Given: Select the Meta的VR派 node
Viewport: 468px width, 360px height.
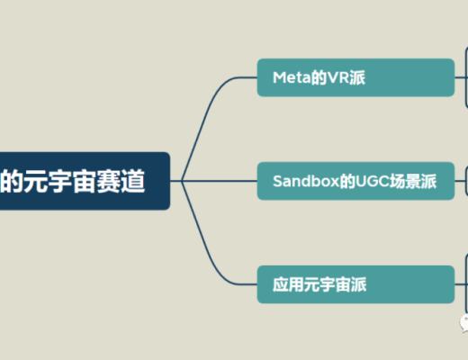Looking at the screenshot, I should pyautogui.click(x=355, y=77).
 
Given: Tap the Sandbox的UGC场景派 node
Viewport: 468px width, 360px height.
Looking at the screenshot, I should pyautogui.click(x=355, y=181).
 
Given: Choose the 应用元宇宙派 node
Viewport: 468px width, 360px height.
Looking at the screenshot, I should pyautogui.click(x=355, y=284).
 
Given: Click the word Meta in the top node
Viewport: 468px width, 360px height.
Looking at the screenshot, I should pyautogui.click(x=290, y=77).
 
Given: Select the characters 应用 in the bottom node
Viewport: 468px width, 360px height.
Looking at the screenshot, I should pyautogui.click(x=286, y=284).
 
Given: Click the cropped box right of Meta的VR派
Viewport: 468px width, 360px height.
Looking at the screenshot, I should pyautogui.click(x=465, y=77).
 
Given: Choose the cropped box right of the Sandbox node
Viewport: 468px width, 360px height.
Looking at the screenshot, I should pyautogui.click(x=465, y=180).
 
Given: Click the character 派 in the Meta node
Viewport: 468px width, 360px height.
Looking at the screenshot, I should pyautogui.click(x=357, y=77).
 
